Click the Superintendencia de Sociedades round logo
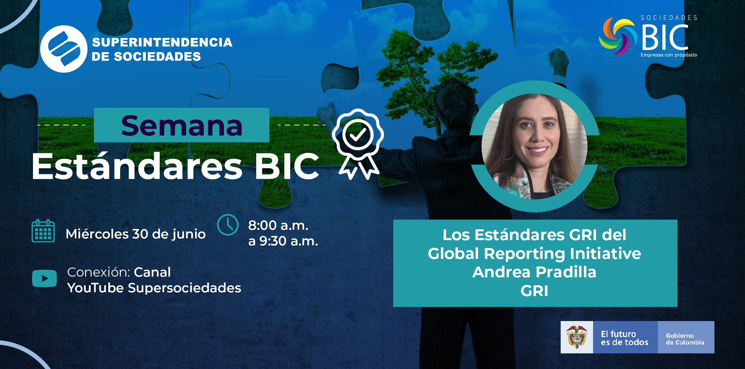tap(64, 49)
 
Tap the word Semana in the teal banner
tap(182, 126)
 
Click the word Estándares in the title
tap(137, 166)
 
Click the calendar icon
tap(43, 231)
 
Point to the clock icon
tap(228, 225)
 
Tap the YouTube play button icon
tap(44, 278)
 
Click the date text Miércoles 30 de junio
tap(135, 234)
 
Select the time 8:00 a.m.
tap(278, 225)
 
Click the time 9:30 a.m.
tap(289, 241)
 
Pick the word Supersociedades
tap(184, 288)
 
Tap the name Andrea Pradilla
tap(534, 272)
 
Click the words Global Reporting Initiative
tap(534, 254)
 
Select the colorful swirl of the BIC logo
tap(618, 36)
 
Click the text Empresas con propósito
tap(669, 55)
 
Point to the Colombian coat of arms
tap(577, 337)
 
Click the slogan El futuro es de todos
tap(625, 338)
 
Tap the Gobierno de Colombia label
tap(685, 339)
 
